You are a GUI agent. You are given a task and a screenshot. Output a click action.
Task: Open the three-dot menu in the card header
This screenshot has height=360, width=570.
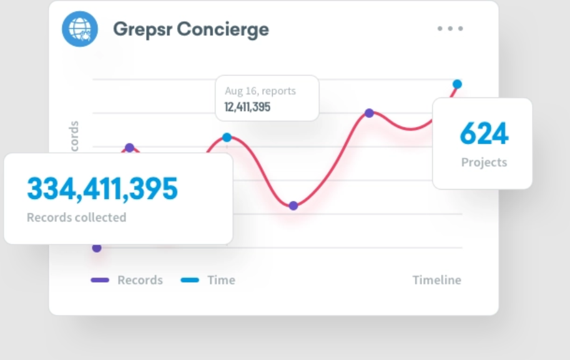pyautogui.click(x=450, y=29)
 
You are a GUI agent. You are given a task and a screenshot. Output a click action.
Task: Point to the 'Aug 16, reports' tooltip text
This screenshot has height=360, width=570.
pyautogui.click(x=260, y=91)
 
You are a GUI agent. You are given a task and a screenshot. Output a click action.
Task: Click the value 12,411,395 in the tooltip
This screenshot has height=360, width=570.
pyautogui.click(x=247, y=107)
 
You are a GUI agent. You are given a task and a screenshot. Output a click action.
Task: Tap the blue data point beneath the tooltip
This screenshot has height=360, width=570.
pyautogui.click(x=227, y=137)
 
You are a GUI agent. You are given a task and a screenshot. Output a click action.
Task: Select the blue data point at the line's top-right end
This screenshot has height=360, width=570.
pyautogui.click(x=457, y=84)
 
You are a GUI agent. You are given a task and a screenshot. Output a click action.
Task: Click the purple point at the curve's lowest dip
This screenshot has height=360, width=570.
pyautogui.click(x=293, y=206)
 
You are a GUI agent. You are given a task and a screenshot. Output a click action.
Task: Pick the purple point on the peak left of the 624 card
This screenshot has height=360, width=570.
pyautogui.click(x=369, y=113)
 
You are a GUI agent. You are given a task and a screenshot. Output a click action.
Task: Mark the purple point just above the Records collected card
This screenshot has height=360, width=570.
pyautogui.click(x=129, y=148)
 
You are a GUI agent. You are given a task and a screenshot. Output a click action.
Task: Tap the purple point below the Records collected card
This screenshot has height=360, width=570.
pyautogui.click(x=97, y=248)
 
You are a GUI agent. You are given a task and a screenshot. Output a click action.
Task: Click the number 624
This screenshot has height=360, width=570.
pyautogui.click(x=484, y=133)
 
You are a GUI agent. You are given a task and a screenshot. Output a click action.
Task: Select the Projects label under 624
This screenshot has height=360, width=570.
pyautogui.click(x=484, y=163)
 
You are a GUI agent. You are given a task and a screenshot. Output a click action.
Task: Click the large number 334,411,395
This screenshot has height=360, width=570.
pyautogui.click(x=102, y=189)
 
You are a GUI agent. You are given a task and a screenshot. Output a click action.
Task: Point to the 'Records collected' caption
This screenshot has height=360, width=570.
pyautogui.click(x=76, y=218)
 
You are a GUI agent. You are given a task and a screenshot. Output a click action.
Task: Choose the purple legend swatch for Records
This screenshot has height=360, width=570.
pyautogui.click(x=100, y=280)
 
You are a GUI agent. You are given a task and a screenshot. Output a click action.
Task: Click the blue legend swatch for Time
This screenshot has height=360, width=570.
pyautogui.click(x=190, y=280)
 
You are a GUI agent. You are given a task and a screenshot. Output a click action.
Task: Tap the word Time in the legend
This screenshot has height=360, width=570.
pyautogui.click(x=221, y=280)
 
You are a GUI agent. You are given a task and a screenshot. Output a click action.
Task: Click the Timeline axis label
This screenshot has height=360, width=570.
pyautogui.click(x=436, y=280)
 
